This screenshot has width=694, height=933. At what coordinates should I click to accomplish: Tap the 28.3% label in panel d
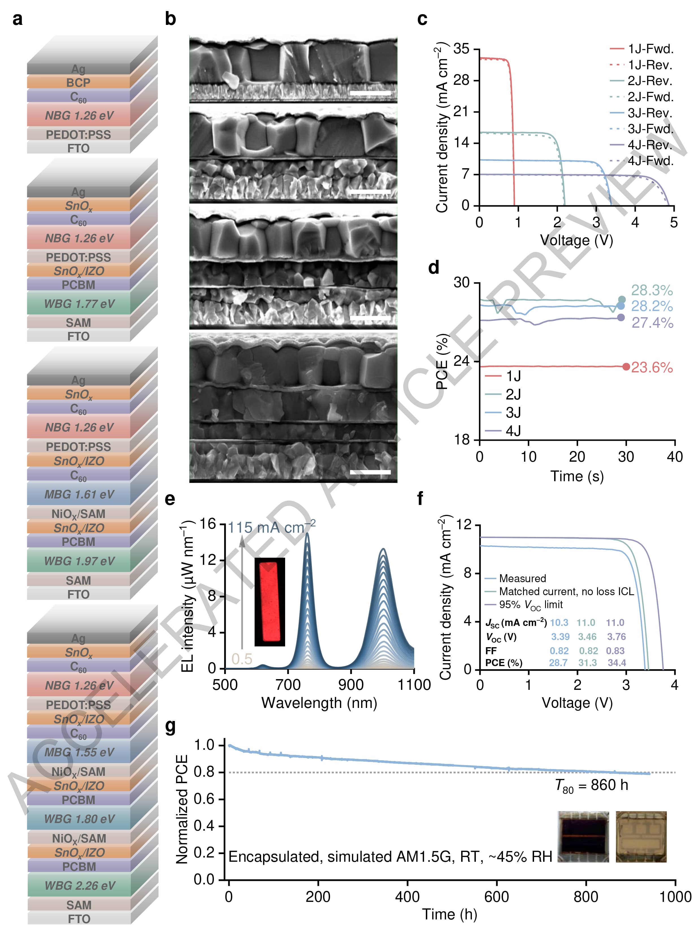(652, 290)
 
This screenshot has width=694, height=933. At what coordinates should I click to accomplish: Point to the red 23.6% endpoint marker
(626, 366)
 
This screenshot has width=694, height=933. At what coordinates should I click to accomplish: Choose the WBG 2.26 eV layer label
(79, 885)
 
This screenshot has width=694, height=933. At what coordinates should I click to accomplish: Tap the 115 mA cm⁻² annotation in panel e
(271, 527)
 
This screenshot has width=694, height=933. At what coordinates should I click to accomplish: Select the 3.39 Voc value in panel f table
(560, 637)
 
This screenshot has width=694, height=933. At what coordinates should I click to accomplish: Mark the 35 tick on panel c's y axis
(461, 49)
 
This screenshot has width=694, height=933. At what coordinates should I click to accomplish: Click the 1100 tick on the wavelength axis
(414, 684)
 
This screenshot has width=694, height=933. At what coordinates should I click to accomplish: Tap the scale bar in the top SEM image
(370, 93)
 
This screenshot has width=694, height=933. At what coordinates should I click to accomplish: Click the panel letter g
(170, 726)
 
